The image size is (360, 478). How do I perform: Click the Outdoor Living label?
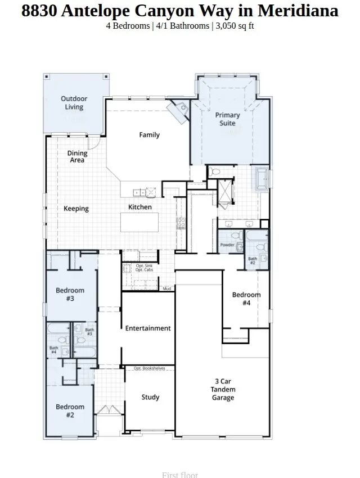74,103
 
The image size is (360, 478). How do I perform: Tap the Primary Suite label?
227,119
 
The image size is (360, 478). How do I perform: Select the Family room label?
150,135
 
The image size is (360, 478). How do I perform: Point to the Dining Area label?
78,157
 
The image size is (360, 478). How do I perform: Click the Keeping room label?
76,209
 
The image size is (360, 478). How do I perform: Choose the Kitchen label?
140,207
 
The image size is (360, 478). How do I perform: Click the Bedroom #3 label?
70,295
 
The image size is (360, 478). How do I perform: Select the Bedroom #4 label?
246,299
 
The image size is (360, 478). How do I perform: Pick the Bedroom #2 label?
70,411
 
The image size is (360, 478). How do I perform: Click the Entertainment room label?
148,328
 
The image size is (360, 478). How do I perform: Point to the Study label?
150,397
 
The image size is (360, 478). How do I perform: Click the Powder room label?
227,245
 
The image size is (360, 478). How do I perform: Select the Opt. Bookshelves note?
150,368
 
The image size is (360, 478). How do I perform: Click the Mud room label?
167,289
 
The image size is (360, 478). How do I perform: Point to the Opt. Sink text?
144,265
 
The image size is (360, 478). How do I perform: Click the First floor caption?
180,475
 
